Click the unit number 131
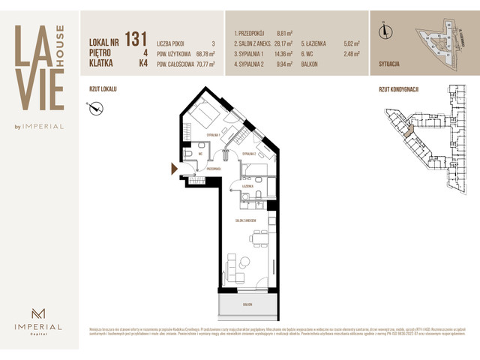tap(136, 38)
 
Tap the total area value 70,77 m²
tap(201, 64)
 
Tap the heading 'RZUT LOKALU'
tap(103, 88)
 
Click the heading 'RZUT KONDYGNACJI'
tap(398, 88)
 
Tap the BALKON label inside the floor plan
tap(247, 305)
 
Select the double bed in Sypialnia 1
tap(203, 117)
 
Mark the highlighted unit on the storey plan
tap(407, 130)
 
